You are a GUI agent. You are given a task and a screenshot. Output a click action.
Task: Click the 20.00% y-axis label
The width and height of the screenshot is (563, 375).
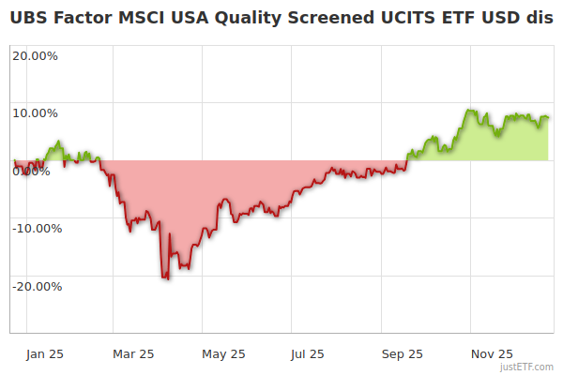(35, 55)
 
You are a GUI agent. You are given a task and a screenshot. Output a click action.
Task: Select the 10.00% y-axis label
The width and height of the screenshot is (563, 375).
(35, 113)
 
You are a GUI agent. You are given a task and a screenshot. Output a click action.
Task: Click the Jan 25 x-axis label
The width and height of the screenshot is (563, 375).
(45, 353)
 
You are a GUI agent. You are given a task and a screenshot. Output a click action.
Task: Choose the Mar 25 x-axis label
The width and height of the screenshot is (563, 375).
(132, 353)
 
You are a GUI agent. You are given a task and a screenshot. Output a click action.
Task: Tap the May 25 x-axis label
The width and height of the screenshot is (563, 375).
(223, 353)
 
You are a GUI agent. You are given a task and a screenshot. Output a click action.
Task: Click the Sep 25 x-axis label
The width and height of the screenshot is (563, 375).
(403, 353)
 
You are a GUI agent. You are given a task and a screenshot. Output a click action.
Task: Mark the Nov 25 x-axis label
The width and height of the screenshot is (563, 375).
(492, 353)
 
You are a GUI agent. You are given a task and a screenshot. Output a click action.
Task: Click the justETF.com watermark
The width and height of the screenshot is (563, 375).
(526, 367)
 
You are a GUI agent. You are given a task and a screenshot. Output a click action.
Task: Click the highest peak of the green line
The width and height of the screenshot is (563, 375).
(470, 111)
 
